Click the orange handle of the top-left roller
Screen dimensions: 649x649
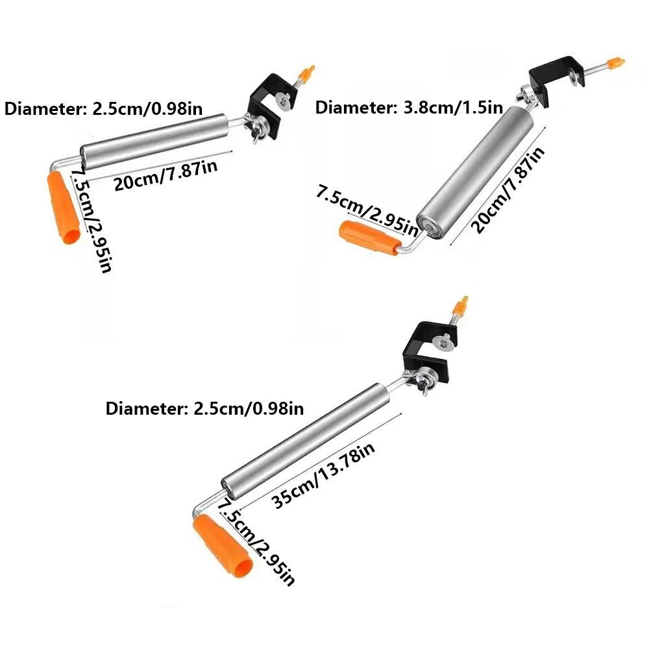pyautogui.click(x=64, y=208)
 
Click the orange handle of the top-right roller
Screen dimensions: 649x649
pyautogui.click(x=370, y=237)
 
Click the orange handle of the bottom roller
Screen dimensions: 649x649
pyautogui.click(x=222, y=546)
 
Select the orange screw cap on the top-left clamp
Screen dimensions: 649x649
pyautogui.click(x=307, y=74)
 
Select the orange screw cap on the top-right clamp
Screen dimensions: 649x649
pyautogui.click(x=615, y=63)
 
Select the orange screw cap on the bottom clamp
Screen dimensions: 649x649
pyautogui.click(x=461, y=306)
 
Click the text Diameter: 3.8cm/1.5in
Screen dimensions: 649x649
pyautogui.click(x=409, y=108)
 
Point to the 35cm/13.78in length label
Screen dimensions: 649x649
pyautogui.click(x=323, y=475)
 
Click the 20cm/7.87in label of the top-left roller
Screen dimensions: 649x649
pyautogui.click(x=165, y=175)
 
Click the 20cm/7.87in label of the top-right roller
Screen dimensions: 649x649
pyautogui.click(x=508, y=190)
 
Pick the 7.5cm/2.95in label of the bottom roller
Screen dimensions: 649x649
pyautogui.click(x=256, y=541)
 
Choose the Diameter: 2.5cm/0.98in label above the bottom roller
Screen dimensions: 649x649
pyautogui.click(x=204, y=408)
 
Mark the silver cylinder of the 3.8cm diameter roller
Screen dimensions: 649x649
pyautogui.click(x=474, y=172)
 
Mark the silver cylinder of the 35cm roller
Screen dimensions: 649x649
pyautogui.click(x=306, y=441)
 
